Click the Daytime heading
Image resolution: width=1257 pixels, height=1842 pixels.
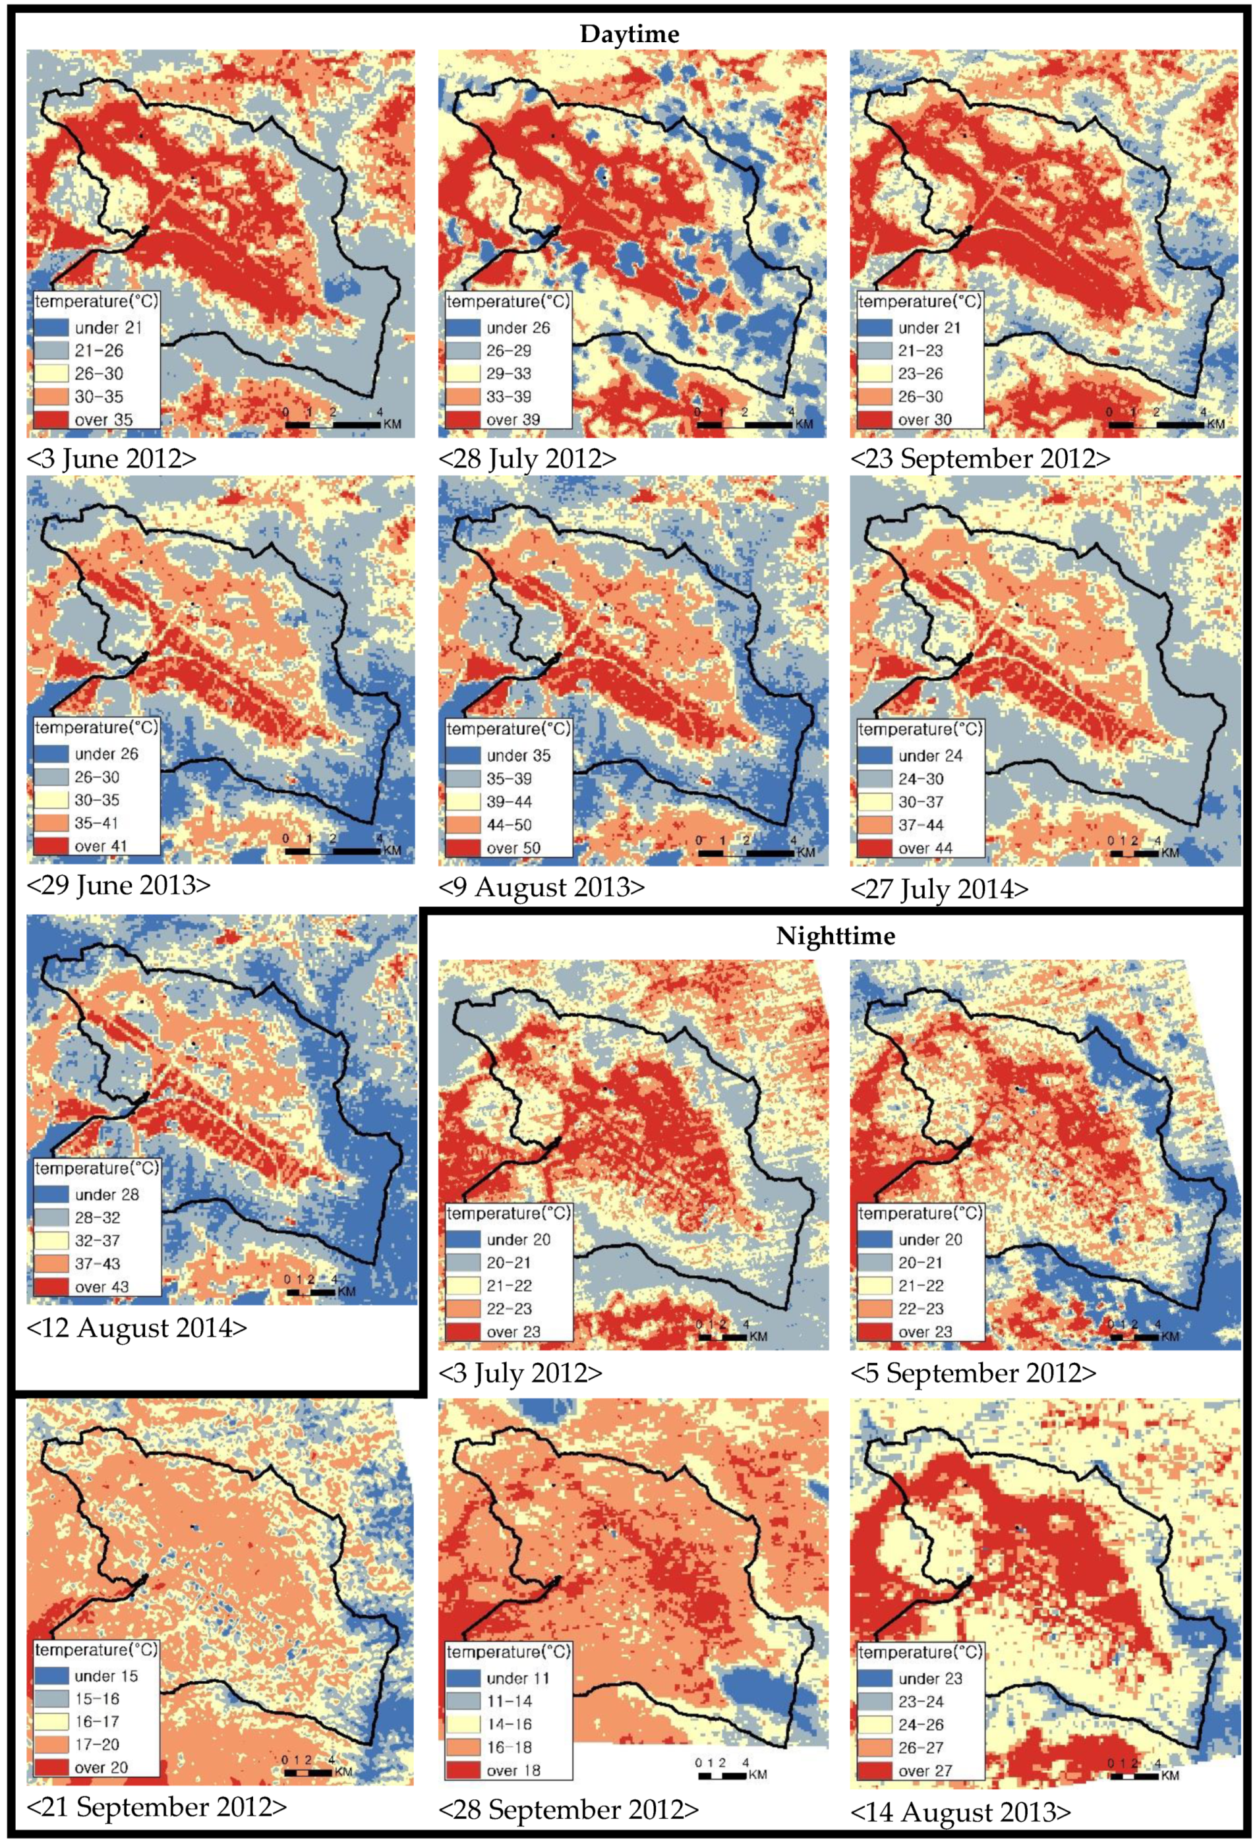pos(629,34)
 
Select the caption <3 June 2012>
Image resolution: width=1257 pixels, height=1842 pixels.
pos(112,459)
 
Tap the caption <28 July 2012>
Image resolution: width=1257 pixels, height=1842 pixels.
pos(527,459)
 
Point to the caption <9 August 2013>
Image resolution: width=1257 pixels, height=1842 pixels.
pos(541,887)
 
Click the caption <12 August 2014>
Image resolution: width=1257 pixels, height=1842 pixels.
pos(136,1327)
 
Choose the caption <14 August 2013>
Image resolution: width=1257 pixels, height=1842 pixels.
pos(960,1812)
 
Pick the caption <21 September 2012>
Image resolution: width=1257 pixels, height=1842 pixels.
pos(156,1806)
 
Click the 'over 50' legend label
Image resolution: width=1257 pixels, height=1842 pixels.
pos(513,848)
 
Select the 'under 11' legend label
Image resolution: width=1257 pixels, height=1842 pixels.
pos(518,1678)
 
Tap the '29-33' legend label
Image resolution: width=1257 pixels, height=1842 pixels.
pos(510,373)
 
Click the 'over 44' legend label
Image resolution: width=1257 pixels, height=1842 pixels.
pos(925,848)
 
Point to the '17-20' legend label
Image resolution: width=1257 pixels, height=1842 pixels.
pos(98,1744)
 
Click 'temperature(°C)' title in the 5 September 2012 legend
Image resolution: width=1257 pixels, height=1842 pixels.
pos(920,1213)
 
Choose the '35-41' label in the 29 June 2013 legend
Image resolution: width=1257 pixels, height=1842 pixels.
pos(97,822)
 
